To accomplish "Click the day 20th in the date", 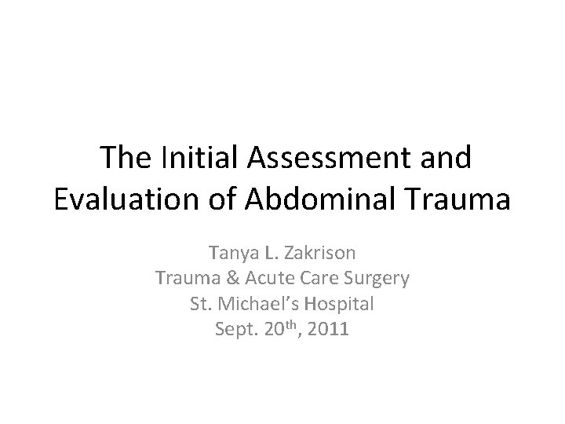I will click(x=278, y=328).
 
